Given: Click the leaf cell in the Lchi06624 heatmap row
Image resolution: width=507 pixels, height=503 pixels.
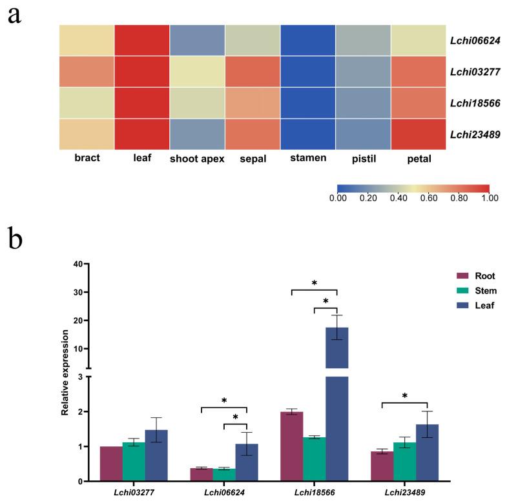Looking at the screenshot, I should point(142,40).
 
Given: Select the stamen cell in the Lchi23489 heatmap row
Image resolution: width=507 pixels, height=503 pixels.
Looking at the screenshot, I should point(308,133).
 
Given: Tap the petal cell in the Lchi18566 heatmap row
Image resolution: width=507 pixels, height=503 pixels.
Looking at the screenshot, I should point(419,103).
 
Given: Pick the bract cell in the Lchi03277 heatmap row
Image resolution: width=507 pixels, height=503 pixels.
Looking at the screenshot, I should point(87,72).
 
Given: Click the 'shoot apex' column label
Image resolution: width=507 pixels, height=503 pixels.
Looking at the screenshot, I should point(198,158).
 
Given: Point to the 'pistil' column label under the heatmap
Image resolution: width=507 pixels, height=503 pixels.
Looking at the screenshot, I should point(363,158).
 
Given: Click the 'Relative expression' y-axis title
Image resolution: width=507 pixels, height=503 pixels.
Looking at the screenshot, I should point(65,373).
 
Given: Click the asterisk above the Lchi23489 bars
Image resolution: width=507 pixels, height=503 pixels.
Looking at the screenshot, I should point(404,396).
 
